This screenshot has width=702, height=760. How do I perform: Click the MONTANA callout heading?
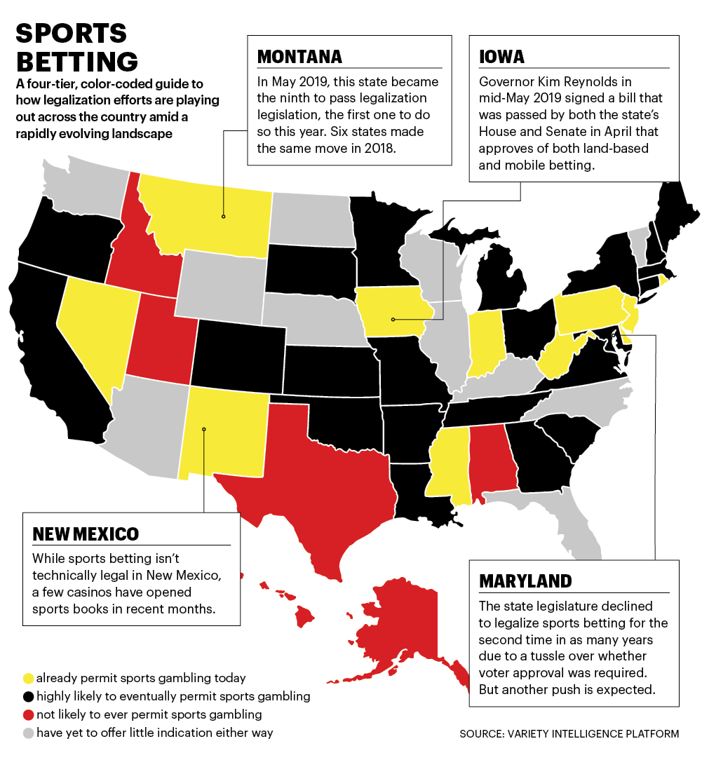click(x=299, y=56)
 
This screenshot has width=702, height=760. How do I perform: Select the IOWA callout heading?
click(x=502, y=56)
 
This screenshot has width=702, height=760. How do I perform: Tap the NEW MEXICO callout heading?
click(x=86, y=534)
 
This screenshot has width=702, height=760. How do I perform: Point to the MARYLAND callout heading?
click(x=525, y=581)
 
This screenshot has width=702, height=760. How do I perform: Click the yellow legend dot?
click(x=28, y=678)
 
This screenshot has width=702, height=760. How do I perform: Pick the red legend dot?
click(x=28, y=714)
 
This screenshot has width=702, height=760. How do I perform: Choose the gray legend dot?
click(x=28, y=733)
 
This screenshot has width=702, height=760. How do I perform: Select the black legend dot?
click(x=28, y=696)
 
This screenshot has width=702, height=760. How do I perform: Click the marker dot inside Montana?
click(x=224, y=216)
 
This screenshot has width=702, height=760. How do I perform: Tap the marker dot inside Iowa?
click(x=393, y=319)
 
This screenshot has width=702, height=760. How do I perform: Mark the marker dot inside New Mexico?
click(x=203, y=429)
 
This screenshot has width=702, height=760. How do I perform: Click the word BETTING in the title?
click(x=77, y=60)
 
